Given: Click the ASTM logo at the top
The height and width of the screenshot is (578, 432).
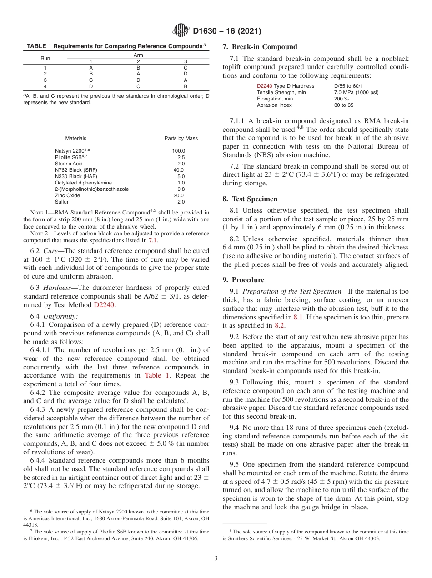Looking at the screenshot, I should click(181, 31).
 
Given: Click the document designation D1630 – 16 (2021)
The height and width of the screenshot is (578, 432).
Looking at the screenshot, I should click(227, 31).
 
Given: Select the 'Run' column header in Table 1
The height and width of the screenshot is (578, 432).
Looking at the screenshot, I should click(45, 58).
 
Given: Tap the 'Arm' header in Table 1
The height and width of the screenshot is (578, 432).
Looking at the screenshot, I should click(138, 55).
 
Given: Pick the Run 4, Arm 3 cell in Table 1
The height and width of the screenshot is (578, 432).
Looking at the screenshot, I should click(185, 86).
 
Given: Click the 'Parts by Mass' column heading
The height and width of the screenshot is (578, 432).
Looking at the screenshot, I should click(181, 138).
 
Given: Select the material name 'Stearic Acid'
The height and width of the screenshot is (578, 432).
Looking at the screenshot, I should click(69, 164).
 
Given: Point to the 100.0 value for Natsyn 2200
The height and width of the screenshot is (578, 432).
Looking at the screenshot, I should click(178, 151).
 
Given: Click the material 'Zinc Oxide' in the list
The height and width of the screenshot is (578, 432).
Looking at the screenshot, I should click(67, 195).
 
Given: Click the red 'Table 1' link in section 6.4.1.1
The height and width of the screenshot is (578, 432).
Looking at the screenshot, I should click(156, 375).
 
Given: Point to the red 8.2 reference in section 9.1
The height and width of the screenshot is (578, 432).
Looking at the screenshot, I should click(280, 325).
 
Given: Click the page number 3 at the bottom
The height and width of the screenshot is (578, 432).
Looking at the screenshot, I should click(216, 558).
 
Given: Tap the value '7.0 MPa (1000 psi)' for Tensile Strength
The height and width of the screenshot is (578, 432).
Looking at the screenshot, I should click(356, 92).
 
